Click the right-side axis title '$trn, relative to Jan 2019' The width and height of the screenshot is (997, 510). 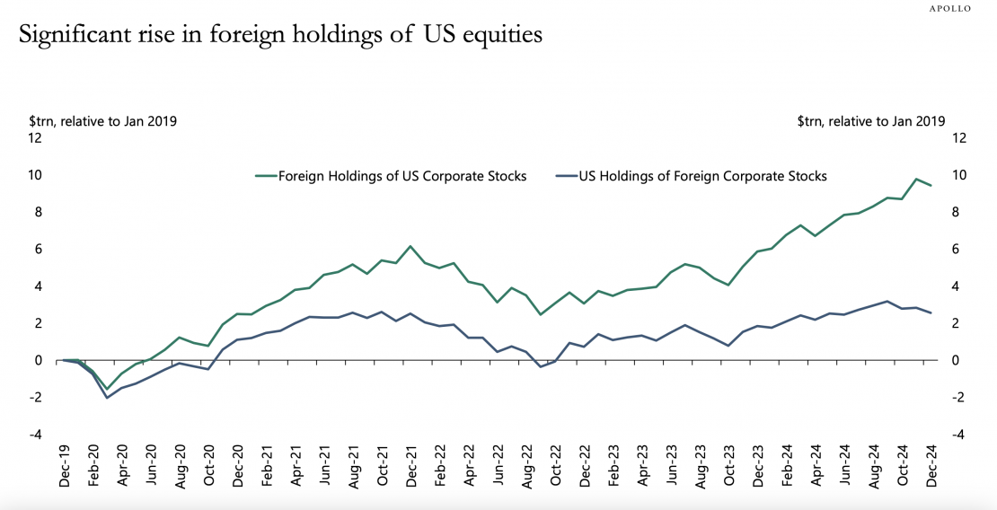(871, 120)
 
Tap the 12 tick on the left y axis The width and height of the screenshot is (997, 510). (35, 138)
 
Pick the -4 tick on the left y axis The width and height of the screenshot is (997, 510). (35, 435)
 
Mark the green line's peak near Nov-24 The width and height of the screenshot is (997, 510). (915, 180)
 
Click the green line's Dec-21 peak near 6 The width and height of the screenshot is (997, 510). (410, 246)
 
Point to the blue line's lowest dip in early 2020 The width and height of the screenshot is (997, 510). (107, 398)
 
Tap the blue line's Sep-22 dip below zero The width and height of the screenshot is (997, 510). (541, 367)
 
